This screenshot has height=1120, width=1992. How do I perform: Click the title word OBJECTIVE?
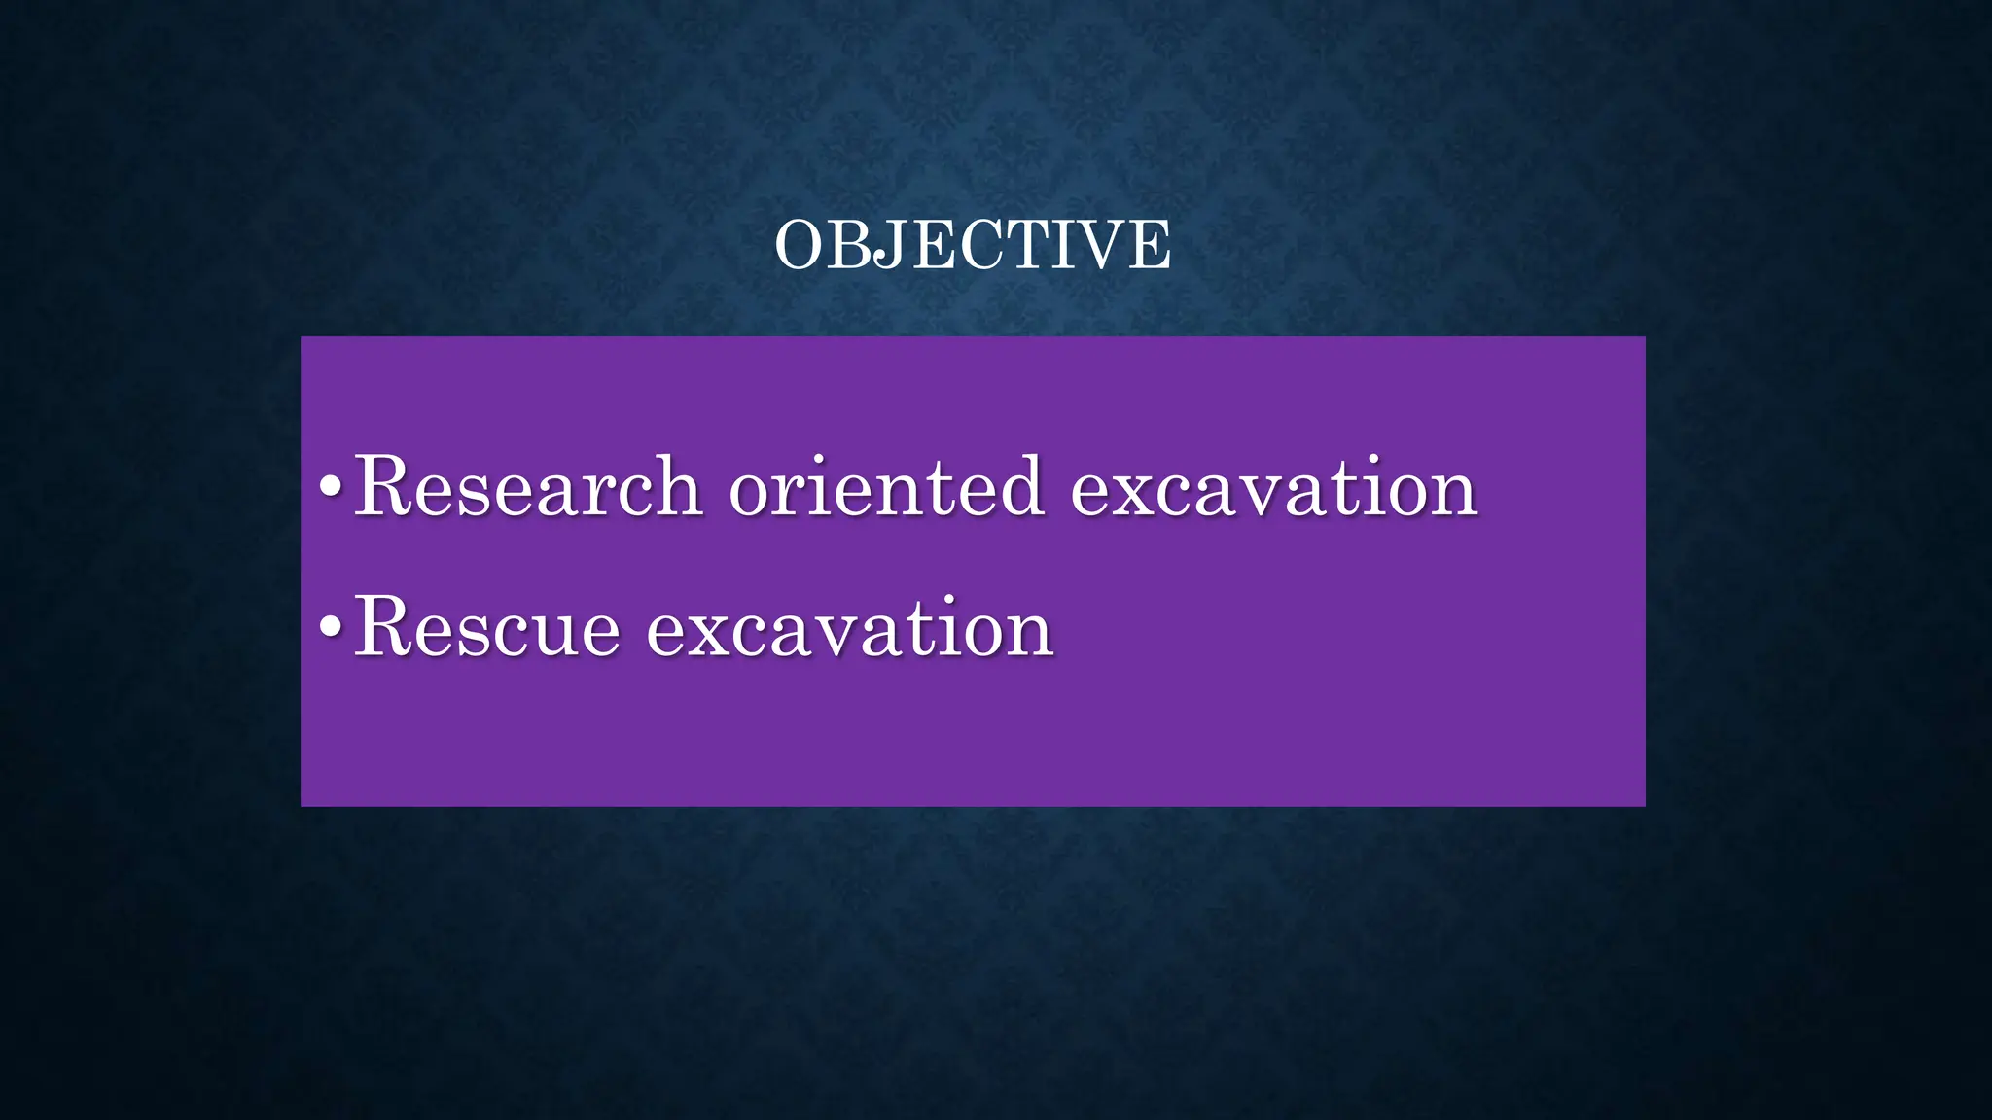973,245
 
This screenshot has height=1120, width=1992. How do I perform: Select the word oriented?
886,486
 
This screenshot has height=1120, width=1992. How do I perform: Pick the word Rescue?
486,628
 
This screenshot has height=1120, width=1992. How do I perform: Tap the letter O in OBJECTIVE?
800,245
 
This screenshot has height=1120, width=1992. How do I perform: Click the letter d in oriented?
1022,486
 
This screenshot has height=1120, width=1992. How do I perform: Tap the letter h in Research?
678,486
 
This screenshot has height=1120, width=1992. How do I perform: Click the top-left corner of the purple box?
302,338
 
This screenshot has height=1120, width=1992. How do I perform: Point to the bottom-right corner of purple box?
1644,804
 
